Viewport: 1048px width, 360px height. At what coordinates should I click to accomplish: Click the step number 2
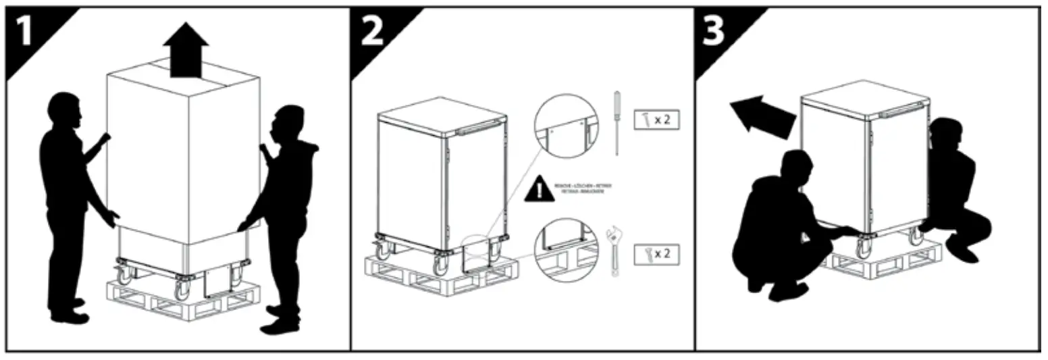pos(372,32)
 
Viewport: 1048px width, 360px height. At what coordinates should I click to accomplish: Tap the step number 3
pos(714,32)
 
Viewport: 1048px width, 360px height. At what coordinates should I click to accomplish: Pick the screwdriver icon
pos(616,122)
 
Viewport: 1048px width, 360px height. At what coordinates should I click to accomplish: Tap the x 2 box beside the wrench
pos(656,254)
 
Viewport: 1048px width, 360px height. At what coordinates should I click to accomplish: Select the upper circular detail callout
pos(566,126)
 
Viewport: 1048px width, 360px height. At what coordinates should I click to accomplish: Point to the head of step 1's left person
pos(66,110)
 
